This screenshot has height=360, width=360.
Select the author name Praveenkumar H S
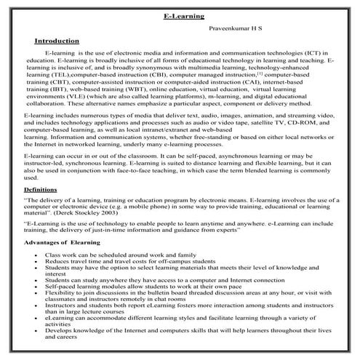coord(238,28)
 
